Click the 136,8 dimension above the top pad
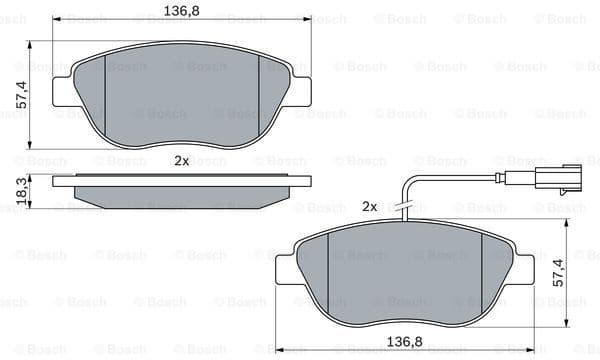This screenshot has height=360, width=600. [181, 11]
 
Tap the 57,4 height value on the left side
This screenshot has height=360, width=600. [19, 95]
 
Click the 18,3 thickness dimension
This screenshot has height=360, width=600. [20, 191]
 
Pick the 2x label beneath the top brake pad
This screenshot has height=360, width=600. [181, 160]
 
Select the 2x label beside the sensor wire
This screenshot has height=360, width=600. [369, 206]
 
